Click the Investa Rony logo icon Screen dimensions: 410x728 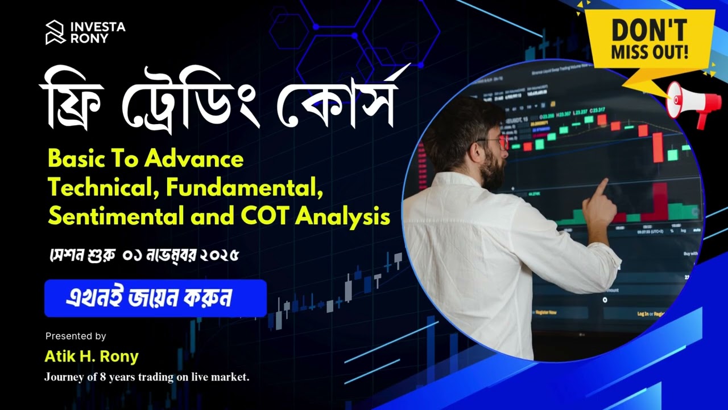coord(56,32)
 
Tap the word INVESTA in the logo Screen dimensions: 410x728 coord(97,26)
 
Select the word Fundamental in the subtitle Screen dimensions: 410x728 coord(245,187)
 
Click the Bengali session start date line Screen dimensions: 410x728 coord(143,255)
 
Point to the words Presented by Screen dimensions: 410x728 coord(76,336)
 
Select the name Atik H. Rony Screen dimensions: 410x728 coord(92,357)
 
